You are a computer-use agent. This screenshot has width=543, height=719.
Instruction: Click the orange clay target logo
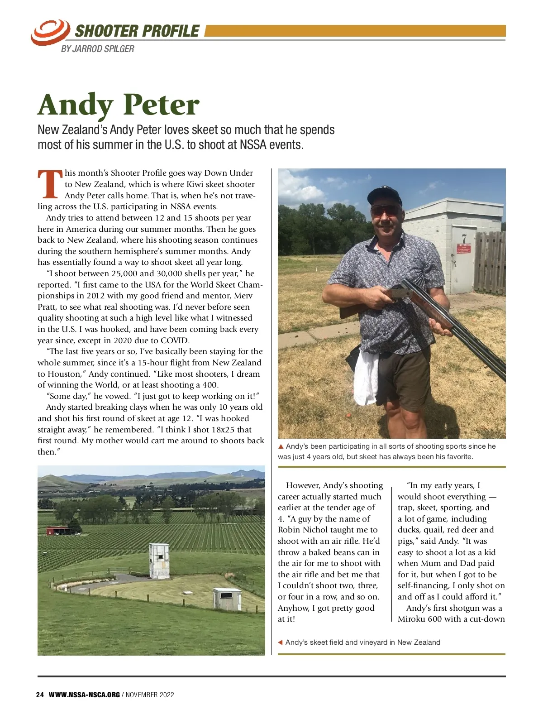pos(50,32)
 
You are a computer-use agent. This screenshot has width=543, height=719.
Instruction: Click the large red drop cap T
pos(50,184)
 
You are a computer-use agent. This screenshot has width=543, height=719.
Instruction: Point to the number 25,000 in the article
pos(124,273)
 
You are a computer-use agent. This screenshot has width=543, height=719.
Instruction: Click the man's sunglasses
pos(385,210)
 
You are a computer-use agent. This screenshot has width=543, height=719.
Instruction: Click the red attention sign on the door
pos(464,248)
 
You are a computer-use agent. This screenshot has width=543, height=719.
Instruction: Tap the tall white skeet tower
pos(159,561)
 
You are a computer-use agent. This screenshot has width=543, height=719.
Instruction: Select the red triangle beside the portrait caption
pos(281,447)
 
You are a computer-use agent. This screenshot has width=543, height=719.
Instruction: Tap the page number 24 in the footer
pos(40,695)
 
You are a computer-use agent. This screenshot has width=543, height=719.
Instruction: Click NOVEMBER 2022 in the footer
pos(150,695)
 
